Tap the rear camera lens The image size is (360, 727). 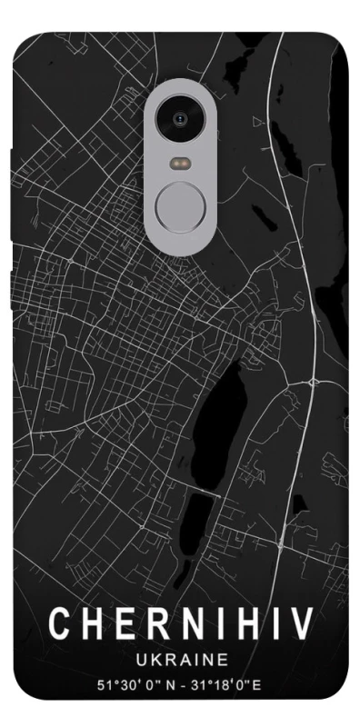coord(179,118)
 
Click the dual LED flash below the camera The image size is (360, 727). coord(179,164)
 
